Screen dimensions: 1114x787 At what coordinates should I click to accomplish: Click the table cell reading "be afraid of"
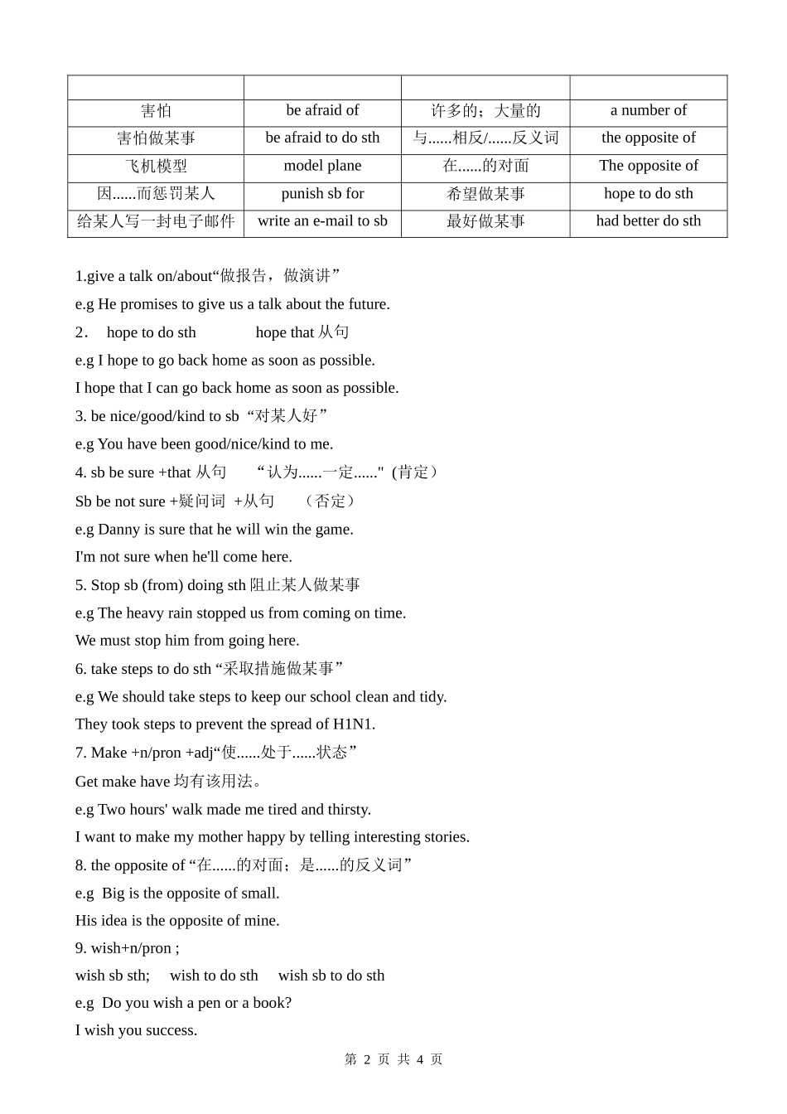[322, 110]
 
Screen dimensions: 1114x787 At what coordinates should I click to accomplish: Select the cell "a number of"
[648, 110]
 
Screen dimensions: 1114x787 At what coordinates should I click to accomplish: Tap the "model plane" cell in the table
[322, 166]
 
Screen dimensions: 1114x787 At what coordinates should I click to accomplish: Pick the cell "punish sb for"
[322, 194]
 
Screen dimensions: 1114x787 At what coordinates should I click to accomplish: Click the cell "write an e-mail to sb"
[322, 221]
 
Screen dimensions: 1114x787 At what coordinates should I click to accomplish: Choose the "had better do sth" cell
[648, 221]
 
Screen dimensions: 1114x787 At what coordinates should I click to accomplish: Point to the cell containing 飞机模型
[156, 166]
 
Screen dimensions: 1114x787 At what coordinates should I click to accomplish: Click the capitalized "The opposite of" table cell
[648, 166]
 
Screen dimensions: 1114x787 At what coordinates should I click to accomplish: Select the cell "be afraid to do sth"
[322, 138]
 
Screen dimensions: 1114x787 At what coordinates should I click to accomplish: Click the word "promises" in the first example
[149, 304]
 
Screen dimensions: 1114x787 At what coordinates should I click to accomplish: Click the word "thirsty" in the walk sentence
[349, 810]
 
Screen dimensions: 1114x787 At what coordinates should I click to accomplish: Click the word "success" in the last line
[172, 1031]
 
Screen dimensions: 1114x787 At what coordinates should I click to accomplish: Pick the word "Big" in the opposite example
[113, 894]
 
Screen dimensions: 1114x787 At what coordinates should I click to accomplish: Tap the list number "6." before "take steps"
[80, 669]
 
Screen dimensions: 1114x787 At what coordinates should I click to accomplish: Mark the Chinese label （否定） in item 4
[331, 501]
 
